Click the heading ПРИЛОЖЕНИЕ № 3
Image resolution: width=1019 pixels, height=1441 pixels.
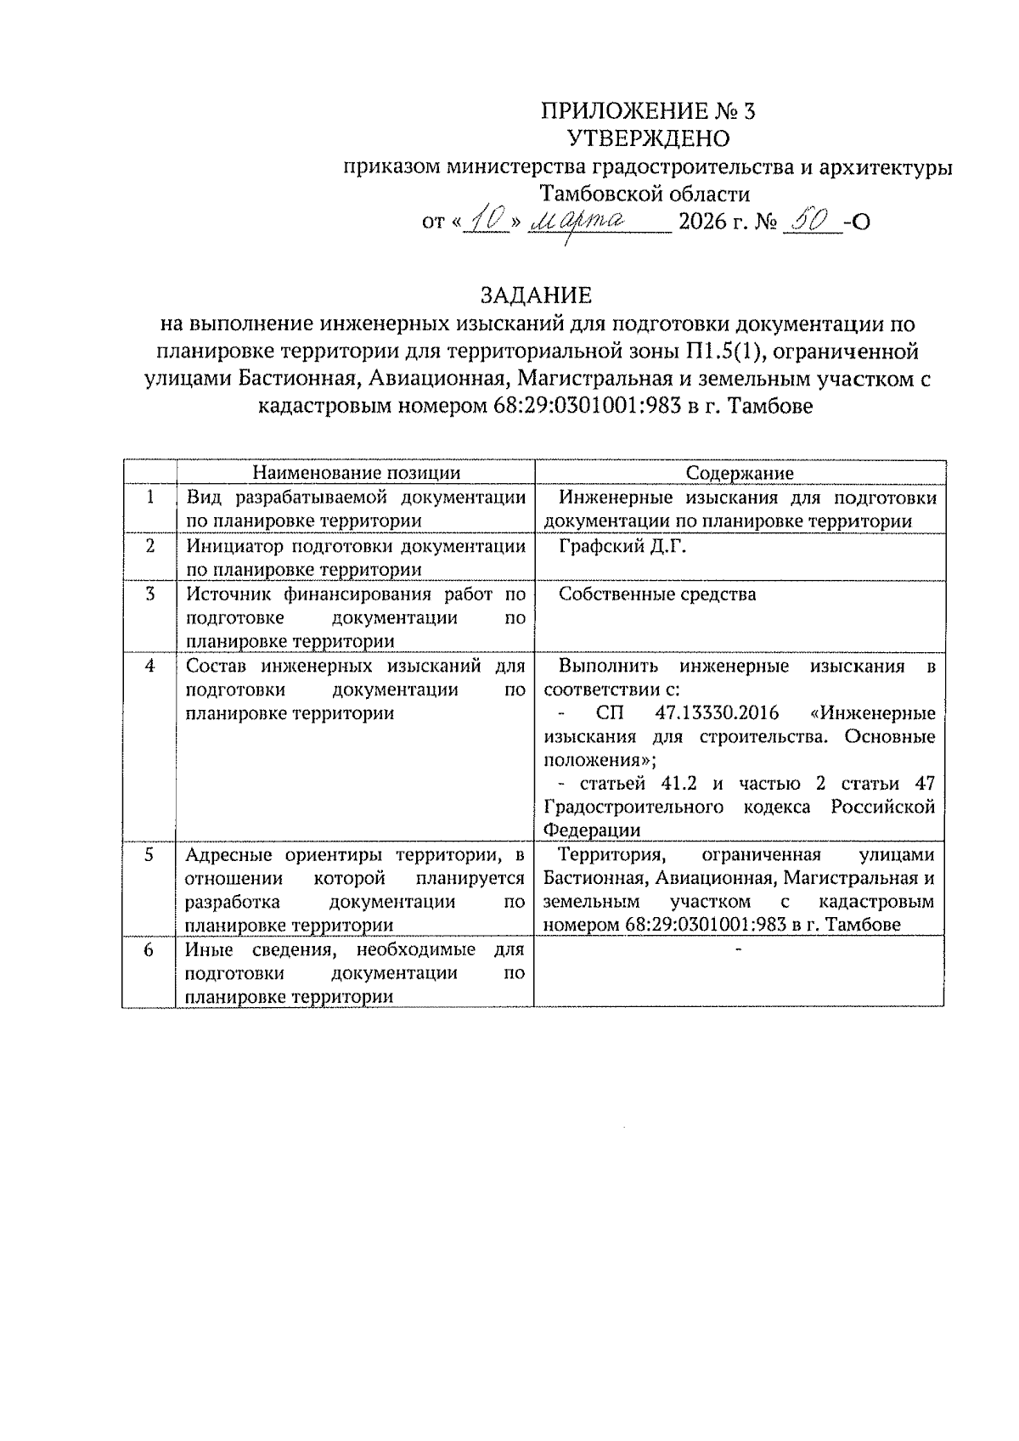coord(647,111)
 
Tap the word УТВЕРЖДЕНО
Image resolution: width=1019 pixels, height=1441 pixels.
coord(647,138)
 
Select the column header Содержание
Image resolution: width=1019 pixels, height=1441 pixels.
coord(739,473)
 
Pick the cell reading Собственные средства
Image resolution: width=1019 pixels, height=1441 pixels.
coord(657,594)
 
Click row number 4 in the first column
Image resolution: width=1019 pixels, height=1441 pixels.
coord(149,667)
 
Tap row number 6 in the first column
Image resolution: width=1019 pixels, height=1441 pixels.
coord(149,949)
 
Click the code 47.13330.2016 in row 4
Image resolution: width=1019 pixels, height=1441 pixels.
coord(717,713)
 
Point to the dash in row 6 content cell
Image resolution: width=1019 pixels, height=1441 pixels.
coord(738,948)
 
